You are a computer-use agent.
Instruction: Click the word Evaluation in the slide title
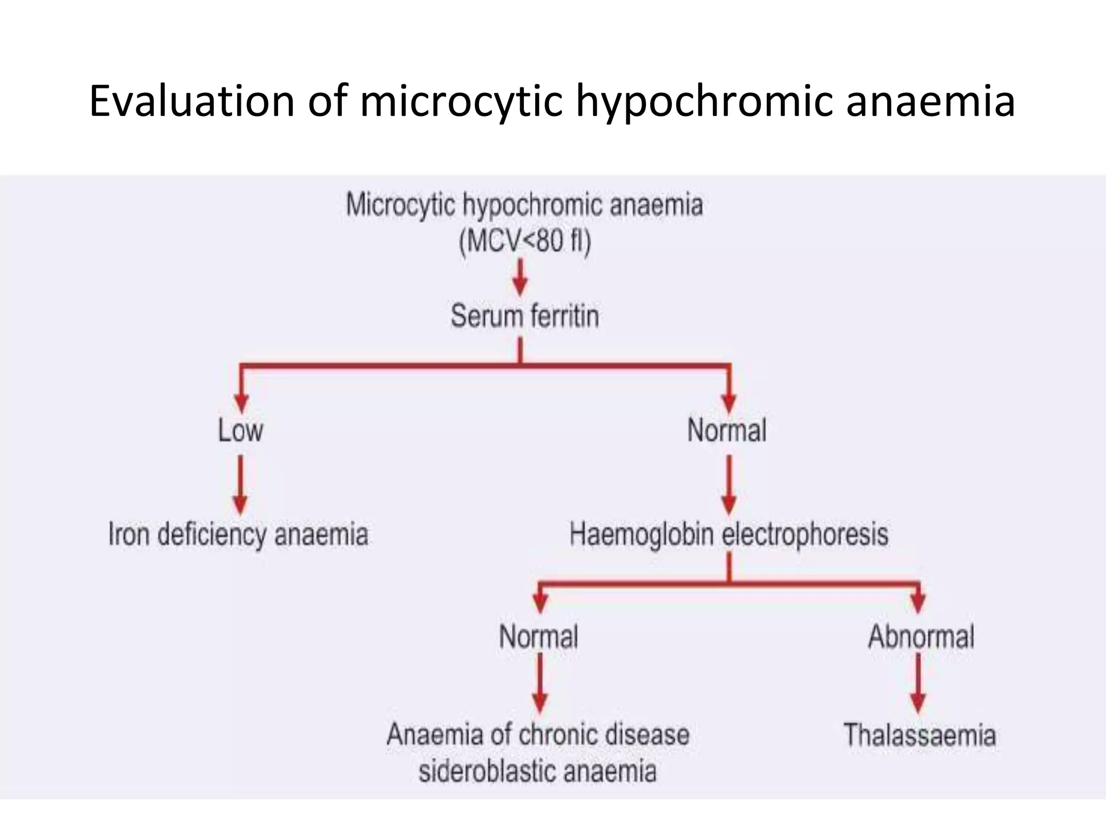[x=192, y=101]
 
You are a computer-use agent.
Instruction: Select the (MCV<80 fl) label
[x=525, y=241]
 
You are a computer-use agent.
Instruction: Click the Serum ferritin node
[x=525, y=316]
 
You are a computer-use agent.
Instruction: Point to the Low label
[x=240, y=431]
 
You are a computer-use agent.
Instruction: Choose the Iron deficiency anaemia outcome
[x=238, y=534]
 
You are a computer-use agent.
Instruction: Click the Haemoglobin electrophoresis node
[x=729, y=534]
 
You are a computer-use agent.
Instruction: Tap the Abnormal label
[x=921, y=637]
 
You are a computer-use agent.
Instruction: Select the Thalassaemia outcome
[x=920, y=735]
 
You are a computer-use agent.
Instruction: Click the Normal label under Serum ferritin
[x=727, y=431]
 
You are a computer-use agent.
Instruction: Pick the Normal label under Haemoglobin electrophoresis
[x=538, y=637]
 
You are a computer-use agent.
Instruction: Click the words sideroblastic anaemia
[x=538, y=771]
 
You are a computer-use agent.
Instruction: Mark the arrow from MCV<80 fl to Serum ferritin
[x=520, y=276]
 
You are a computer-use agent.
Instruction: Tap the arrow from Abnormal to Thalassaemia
[x=918, y=682]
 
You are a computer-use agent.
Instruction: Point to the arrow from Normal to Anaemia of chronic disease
[x=540, y=682]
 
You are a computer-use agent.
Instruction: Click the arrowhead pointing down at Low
[x=241, y=402]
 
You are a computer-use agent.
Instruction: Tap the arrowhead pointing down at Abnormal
[x=918, y=602]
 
